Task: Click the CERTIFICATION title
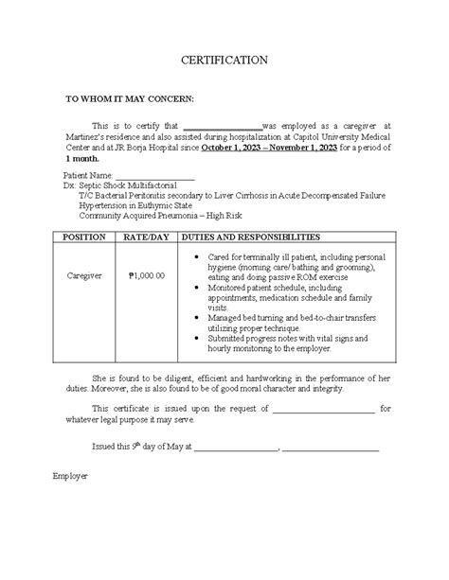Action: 224,61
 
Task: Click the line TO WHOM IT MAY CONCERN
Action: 129,98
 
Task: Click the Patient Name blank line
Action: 154,176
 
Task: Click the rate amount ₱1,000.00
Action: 146,275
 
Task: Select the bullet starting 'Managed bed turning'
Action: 274,323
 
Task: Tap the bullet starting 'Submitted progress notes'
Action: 274,343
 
